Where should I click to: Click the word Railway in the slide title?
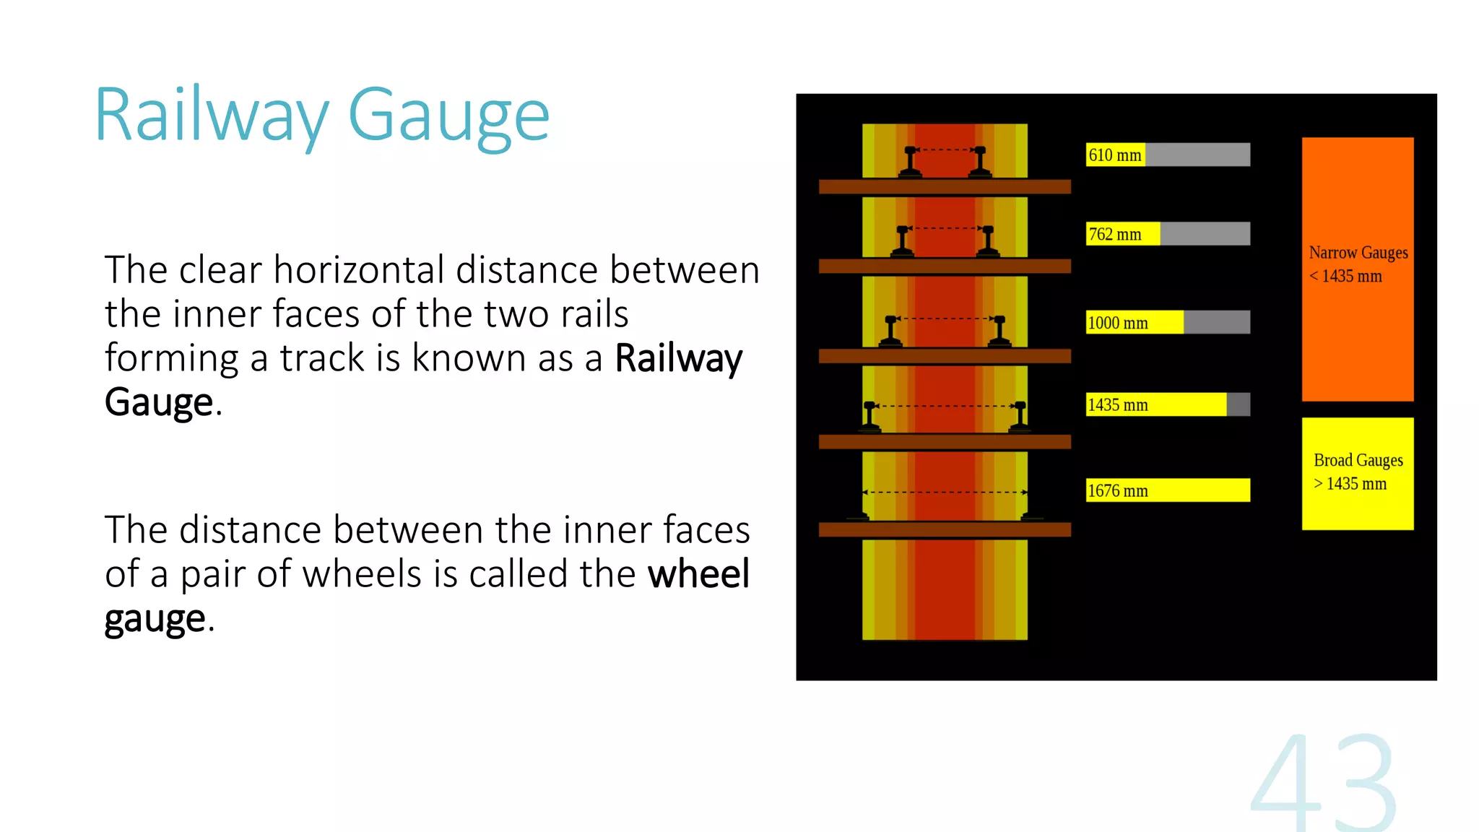click(x=212, y=116)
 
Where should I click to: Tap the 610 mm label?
click(x=1115, y=155)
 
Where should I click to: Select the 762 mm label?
click(x=1115, y=235)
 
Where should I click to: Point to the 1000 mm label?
click(x=1118, y=323)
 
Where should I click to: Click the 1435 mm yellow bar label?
click(x=1118, y=405)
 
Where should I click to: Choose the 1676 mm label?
click(x=1118, y=491)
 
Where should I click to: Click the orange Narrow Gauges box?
click(x=1358, y=269)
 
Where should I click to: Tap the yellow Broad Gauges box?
click(x=1358, y=473)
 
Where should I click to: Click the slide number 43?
click(x=1323, y=784)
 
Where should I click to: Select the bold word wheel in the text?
click(x=698, y=574)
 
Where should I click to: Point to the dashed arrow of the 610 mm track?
click(x=945, y=150)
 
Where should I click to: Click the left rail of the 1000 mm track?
click(x=890, y=331)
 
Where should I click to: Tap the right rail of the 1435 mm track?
click(x=1020, y=417)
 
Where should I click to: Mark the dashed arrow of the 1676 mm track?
click(x=945, y=493)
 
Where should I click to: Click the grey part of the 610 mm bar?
click(x=1197, y=155)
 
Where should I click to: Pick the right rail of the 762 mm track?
click(x=988, y=241)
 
